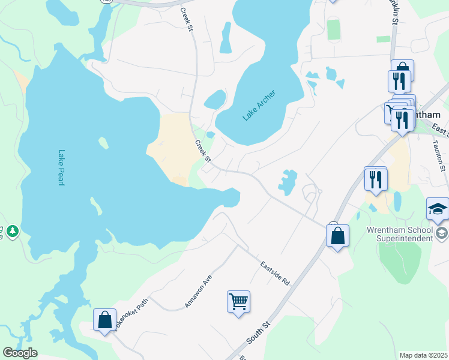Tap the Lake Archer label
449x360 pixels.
coord(259,106)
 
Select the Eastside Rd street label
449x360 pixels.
coord(275,273)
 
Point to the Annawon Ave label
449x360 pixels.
coord(199,292)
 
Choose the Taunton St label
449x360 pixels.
coord(439,153)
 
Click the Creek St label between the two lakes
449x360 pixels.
coord(202,151)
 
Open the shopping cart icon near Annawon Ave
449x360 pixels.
coord(238,301)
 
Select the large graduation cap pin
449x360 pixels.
coord(438,210)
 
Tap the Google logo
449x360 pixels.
coord(20,353)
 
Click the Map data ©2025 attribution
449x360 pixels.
coord(423,355)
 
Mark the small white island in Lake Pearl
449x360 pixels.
coord(103,143)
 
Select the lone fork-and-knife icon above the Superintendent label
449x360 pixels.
coord(376,179)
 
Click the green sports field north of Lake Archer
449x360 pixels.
coord(334,29)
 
